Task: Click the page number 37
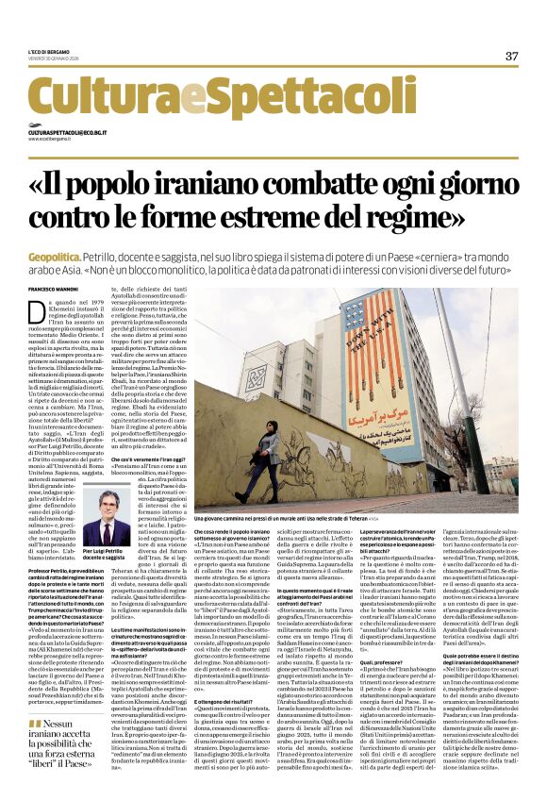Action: point(512,56)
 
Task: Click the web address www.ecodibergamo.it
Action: point(51,141)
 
